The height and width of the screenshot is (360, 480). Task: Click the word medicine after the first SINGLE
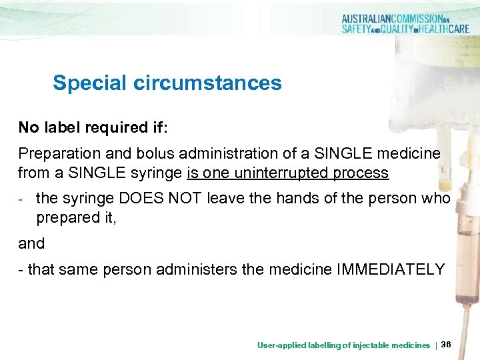pos(408,154)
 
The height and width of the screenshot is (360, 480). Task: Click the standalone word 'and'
pos(31,243)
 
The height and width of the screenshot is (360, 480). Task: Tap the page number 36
pos(446,345)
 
